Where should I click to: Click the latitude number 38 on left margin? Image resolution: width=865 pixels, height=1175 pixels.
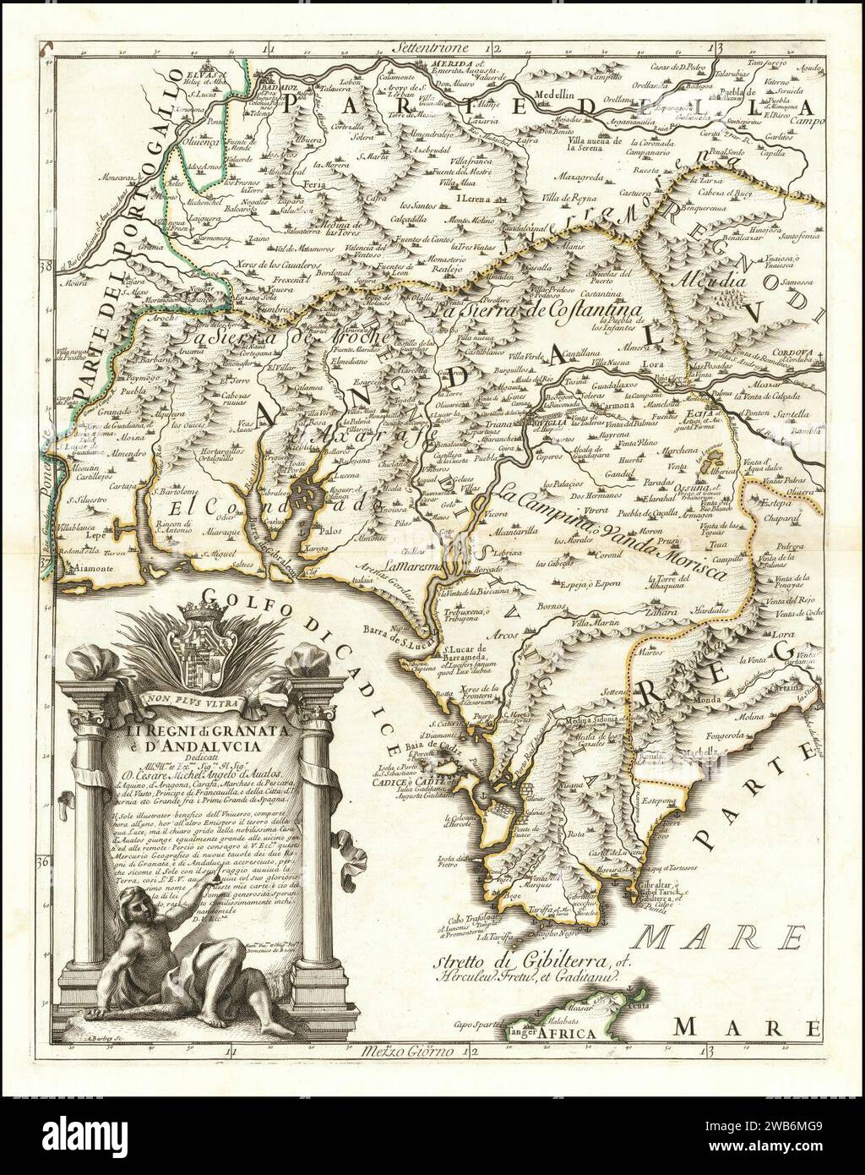(45, 266)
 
